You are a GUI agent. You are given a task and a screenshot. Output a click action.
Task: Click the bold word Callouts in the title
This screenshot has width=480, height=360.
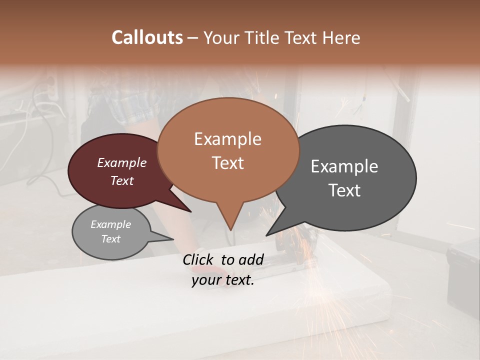coord(147,37)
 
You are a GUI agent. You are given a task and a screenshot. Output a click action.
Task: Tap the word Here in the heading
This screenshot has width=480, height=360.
coord(341,37)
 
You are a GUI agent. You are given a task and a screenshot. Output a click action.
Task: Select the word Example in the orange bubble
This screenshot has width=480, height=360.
coord(227,139)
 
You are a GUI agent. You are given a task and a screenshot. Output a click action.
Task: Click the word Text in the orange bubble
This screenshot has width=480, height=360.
coord(227,162)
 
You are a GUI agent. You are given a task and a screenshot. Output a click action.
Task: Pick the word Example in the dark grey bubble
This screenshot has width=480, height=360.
coord(344,166)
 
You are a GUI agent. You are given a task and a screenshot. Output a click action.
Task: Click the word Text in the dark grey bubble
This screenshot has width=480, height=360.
coord(344,190)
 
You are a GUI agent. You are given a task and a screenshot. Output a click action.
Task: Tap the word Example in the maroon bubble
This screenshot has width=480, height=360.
coord(121,162)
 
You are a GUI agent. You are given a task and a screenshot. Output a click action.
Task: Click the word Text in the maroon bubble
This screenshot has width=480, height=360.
coord(121,180)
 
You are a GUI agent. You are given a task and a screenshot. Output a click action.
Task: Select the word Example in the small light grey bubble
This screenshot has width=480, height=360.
coord(110,224)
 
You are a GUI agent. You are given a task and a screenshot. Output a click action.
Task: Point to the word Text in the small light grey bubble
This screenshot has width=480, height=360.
coord(110,239)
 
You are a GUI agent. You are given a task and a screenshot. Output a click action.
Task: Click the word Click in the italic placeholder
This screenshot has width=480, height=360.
coord(199,259)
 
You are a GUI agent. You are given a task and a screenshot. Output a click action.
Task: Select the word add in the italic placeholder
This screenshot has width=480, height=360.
coord(252,259)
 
